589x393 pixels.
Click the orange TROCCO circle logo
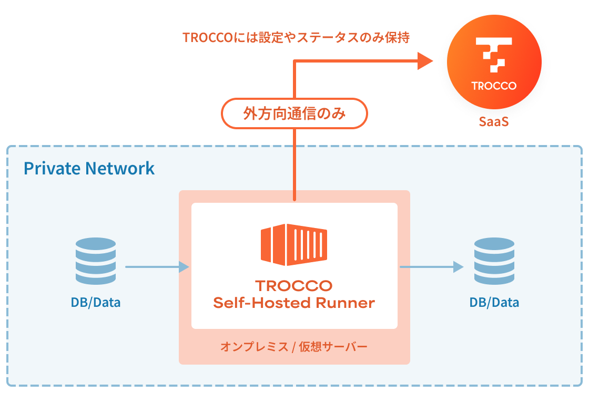click(494, 63)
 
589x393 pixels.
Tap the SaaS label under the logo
click(494, 122)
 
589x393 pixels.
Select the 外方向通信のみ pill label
click(294, 113)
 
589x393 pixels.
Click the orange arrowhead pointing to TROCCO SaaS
click(424, 60)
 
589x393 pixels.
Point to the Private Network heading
click(89, 168)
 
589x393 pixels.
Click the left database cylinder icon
click(95, 261)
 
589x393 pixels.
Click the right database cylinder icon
click(494, 261)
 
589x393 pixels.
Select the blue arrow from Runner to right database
click(431, 267)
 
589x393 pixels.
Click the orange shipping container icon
click(294, 245)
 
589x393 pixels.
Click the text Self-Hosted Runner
click(294, 303)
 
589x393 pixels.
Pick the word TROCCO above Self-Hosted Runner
click(294, 286)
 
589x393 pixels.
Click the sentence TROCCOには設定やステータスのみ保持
click(296, 38)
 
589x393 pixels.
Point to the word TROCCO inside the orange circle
click(494, 86)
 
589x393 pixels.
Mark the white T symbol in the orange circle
click(494, 54)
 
